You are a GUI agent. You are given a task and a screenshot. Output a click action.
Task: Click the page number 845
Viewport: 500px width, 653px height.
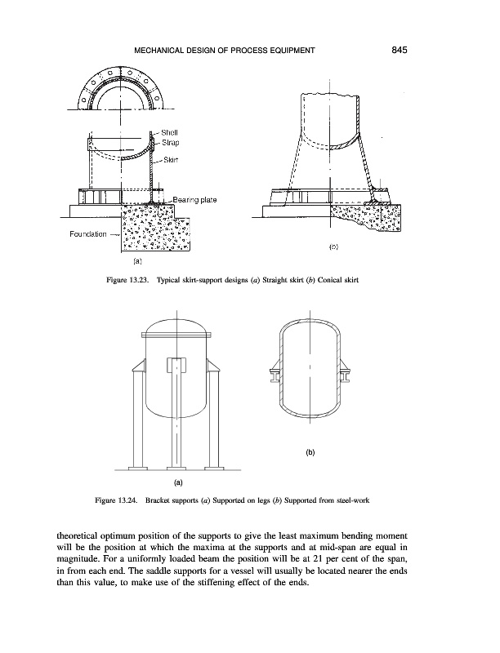pos(399,51)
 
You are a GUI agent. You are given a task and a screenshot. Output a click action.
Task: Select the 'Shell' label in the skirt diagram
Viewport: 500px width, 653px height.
pos(169,132)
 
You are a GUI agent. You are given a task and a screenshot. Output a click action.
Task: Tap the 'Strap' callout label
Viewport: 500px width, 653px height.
pos(170,142)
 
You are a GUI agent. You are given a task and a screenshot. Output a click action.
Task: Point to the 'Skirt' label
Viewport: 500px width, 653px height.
pos(171,160)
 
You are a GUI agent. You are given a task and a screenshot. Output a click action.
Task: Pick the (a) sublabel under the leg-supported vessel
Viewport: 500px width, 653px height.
pos(177,482)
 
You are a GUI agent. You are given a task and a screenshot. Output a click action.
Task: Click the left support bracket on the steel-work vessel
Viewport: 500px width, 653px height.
pos(275,375)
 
